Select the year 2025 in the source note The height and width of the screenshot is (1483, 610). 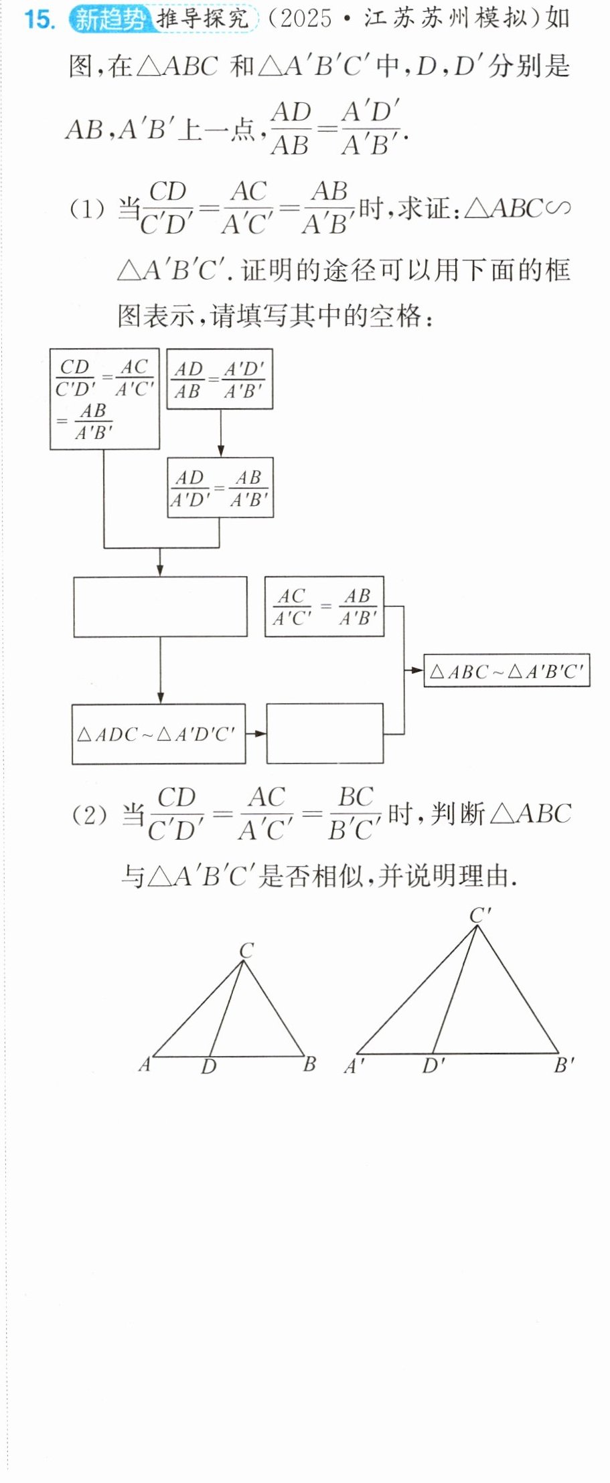[307, 19]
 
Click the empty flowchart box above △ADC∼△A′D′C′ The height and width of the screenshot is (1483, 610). [160, 606]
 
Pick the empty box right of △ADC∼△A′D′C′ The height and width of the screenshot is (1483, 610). [325, 733]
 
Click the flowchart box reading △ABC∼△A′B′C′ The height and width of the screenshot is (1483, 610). [507, 671]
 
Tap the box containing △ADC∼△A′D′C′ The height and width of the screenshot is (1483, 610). [159, 733]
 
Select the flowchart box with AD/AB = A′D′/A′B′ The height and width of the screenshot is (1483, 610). [220, 379]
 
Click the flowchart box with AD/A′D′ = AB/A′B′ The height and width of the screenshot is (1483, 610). [220, 488]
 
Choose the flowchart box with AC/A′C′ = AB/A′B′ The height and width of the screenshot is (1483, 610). [324, 606]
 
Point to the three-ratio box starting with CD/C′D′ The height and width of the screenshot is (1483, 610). [104, 399]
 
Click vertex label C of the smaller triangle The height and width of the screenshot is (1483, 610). [247, 950]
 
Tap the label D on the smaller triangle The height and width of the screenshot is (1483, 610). [209, 1067]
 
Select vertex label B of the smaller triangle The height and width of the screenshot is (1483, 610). [309, 1064]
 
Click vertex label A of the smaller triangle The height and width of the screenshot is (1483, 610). [145, 1064]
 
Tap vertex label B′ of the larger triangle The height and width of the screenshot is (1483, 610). [564, 1064]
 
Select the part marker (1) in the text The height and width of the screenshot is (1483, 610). [88, 210]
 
